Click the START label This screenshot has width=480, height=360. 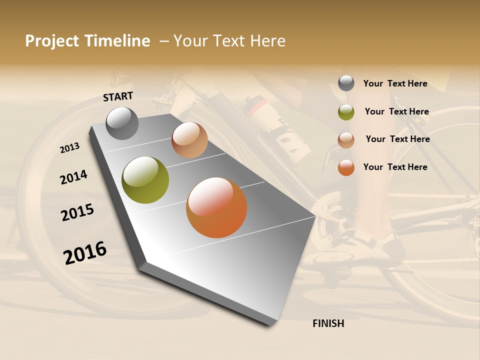coord(118,96)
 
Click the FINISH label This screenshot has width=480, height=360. coord(328,323)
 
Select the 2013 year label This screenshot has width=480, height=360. coord(70,147)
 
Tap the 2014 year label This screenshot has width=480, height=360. coord(73,177)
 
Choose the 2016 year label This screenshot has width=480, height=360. coord(85,252)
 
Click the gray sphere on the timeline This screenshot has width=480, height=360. coord(122,123)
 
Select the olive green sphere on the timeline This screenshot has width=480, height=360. coord(145,180)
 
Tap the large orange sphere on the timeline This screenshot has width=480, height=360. coord(216,207)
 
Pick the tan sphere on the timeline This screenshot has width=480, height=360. coord(189,140)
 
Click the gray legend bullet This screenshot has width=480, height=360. coord(346,83)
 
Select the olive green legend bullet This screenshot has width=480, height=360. coord(346,112)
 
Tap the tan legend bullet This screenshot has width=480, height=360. coord(346,139)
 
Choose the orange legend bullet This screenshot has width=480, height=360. coord(346,167)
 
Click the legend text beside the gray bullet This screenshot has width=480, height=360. coord(395,83)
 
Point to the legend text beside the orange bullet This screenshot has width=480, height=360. coord(395,167)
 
